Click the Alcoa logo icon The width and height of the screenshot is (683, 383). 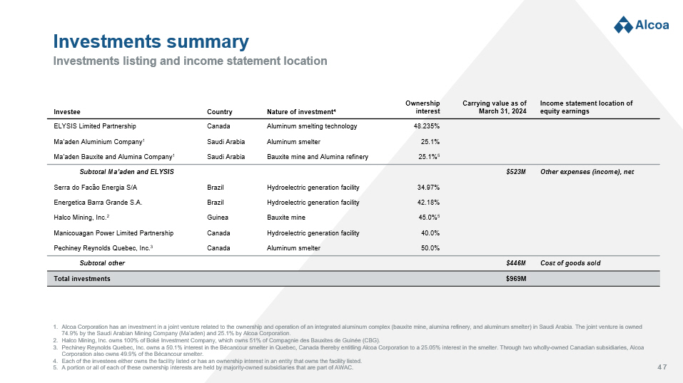tap(624, 24)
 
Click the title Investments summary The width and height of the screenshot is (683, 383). tap(151, 41)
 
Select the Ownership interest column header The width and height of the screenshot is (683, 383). tap(423, 107)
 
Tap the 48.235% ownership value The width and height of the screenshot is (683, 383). tap(426, 126)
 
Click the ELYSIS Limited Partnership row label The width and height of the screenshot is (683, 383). tap(95, 126)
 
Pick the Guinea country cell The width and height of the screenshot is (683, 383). tap(218, 218)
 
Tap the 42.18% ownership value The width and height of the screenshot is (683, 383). tap(427, 203)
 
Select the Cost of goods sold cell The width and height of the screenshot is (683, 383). tap(570, 263)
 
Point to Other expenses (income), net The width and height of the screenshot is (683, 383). tap(587, 172)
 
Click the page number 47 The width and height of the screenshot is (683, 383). tap(662, 367)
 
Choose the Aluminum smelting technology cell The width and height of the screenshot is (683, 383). tap(311, 126)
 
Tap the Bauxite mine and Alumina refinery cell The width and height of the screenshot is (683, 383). tap(317, 156)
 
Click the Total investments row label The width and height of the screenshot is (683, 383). tap(82, 278)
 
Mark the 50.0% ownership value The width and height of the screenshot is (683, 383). tap(429, 248)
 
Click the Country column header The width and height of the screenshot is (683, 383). tap(219, 112)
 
